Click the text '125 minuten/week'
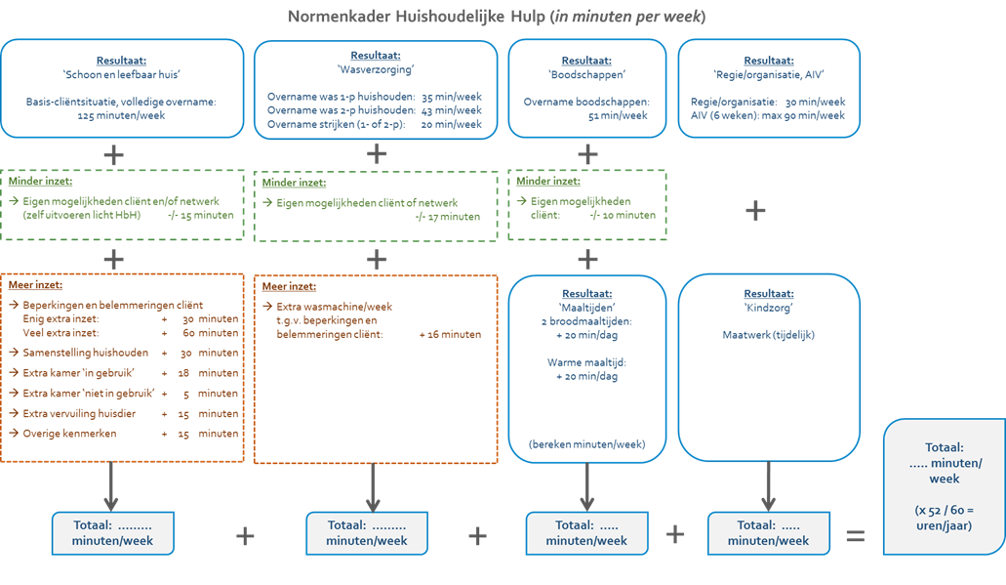point(121,115)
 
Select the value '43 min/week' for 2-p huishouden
point(452,111)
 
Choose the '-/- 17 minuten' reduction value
point(447,217)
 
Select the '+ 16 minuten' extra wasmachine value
point(450,334)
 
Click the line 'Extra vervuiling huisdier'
point(80,413)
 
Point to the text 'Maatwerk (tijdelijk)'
point(768,335)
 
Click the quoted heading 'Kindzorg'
point(769,307)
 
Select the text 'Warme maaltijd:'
point(586,362)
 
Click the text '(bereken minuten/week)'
point(586,444)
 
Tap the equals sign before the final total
point(855,535)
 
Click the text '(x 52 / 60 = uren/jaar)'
point(945,518)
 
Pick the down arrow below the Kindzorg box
point(769,486)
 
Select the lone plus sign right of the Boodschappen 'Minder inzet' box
point(754,210)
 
